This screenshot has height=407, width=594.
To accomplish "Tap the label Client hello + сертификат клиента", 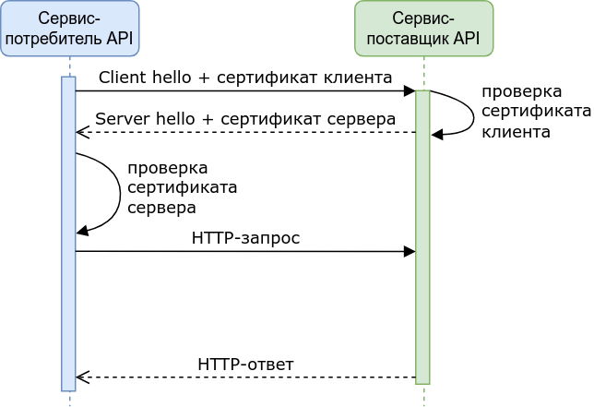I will click(x=245, y=77).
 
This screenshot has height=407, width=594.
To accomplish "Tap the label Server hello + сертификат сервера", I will click(x=245, y=119).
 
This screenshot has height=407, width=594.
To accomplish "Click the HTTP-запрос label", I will click(x=245, y=238).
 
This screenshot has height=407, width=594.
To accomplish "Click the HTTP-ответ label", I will click(x=245, y=365).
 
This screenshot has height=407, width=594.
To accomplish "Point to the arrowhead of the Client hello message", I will click(x=410, y=91).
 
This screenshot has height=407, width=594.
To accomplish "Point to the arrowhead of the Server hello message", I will click(x=81, y=133).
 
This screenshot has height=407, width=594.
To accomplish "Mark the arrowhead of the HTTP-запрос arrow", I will click(x=410, y=251).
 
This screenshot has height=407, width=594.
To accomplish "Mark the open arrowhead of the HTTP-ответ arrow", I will click(x=81, y=377).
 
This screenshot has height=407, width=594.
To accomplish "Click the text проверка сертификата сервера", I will click(x=182, y=188).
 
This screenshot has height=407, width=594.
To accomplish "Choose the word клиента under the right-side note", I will click(x=517, y=132).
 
